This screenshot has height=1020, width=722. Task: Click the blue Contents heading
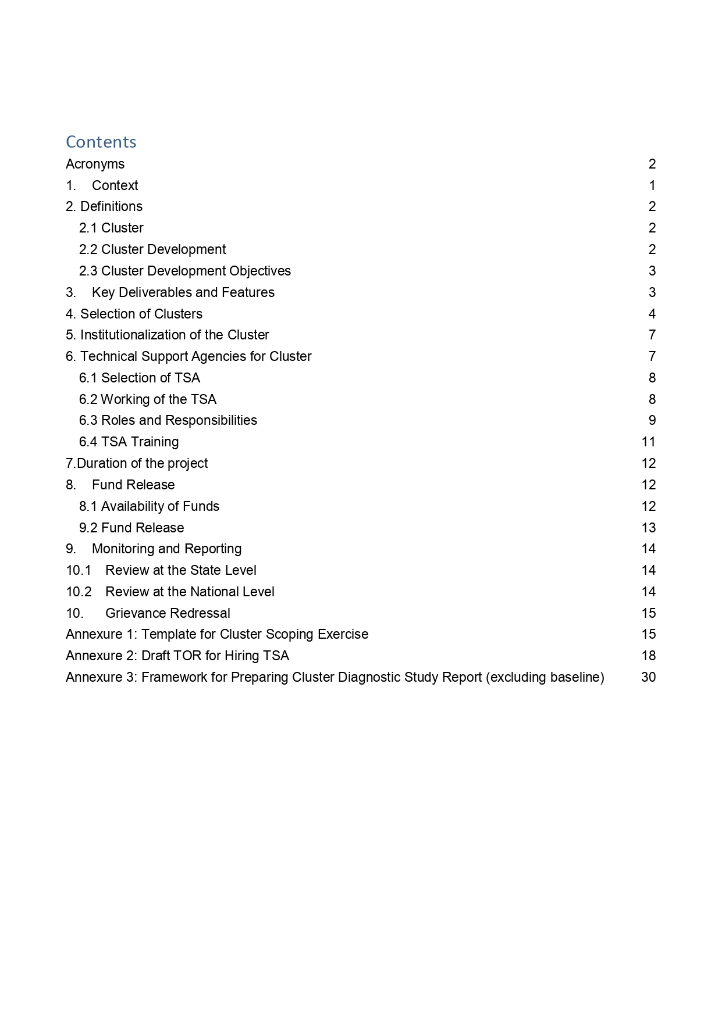click(x=101, y=142)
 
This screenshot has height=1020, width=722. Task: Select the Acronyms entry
click(x=95, y=164)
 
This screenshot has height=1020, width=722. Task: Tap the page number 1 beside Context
click(x=652, y=185)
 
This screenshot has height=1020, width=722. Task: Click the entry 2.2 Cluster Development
click(x=152, y=249)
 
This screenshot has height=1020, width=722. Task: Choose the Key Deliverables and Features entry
click(x=183, y=292)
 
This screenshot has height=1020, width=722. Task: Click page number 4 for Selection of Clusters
click(x=652, y=314)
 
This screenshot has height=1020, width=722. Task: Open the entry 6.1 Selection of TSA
click(x=140, y=378)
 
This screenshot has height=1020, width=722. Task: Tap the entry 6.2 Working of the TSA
click(x=148, y=399)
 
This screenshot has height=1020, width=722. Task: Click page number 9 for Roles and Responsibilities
click(x=652, y=420)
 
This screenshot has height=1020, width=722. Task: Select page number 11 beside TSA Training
click(x=649, y=442)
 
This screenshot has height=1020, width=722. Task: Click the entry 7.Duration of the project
click(x=137, y=463)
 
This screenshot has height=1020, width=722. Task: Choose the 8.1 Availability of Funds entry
click(x=149, y=506)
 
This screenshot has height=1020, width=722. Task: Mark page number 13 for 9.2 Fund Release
click(x=649, y=528)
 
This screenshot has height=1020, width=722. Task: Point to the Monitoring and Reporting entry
click(x=166, y=549)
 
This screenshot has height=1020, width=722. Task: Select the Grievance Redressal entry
click(x=168, y=613)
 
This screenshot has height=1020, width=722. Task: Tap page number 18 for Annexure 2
click(x=649, y=656)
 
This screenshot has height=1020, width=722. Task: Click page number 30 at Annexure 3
click(x=648, y=677)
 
